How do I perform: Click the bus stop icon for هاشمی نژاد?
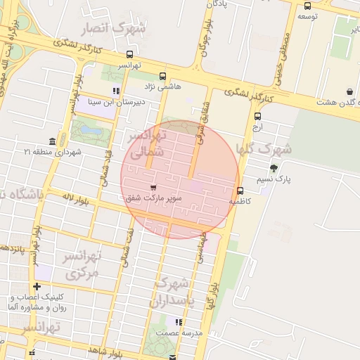[163, 76]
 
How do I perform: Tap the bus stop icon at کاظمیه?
[240, 191]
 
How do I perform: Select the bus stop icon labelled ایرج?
[257, 116]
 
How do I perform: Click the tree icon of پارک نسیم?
[274, 168]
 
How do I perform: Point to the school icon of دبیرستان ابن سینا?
[116, 91]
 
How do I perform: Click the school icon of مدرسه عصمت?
[179, 322]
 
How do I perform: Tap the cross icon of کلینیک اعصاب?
[37, 286]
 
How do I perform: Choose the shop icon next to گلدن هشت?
[349, 91]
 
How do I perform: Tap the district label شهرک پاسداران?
[171, 292]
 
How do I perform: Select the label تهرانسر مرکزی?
[80, 263]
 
